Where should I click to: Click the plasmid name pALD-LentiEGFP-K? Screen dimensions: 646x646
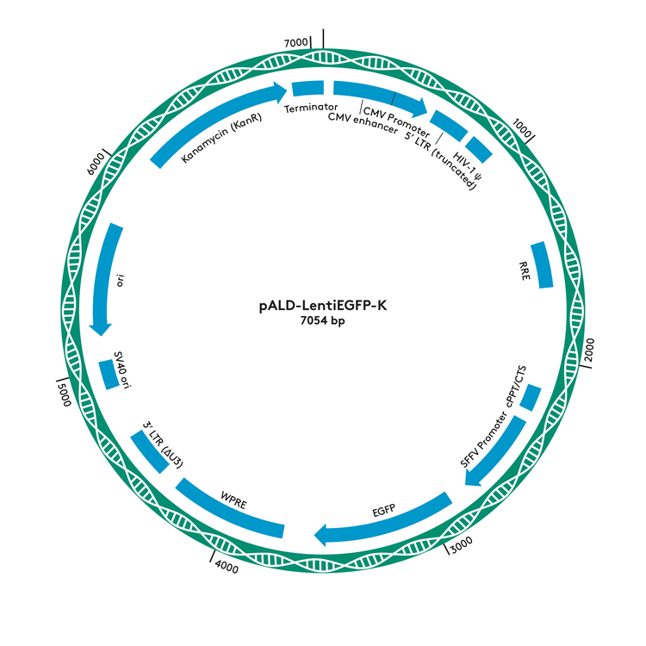click(323, 305)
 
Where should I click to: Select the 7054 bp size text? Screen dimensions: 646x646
click(323, 322)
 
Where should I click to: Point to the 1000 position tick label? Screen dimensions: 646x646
click(522, 127)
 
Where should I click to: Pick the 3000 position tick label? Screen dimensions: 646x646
click(462, 545)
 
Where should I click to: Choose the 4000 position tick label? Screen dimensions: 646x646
click(227, 567)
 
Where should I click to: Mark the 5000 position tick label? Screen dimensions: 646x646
click(62, 398)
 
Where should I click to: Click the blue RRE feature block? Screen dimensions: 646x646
click(543, 265)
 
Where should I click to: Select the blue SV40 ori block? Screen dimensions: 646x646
click(109, 374)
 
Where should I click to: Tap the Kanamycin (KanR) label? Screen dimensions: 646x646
click(221, 138)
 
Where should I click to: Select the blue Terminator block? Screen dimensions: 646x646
click(307, 88)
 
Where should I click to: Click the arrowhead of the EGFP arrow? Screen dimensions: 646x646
click(323, 537)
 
